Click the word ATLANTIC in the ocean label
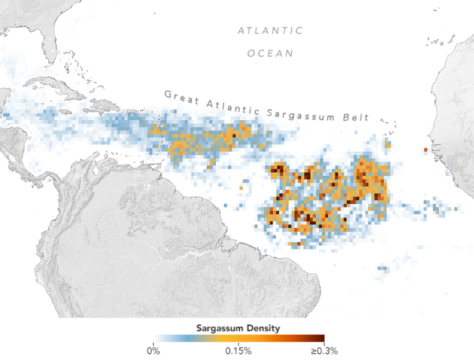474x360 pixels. point(270,31)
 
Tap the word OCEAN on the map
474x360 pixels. point(270,54)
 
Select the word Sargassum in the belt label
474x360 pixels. point(300,113)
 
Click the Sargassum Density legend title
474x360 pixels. point(238,329)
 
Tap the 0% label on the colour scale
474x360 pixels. point(153,351)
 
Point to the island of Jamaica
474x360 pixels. point(65,112)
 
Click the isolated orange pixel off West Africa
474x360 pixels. point(425,149)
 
